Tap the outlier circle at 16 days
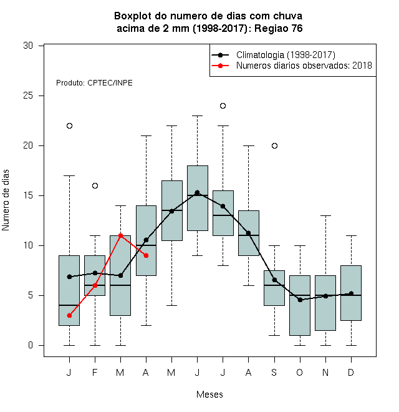point(95,186)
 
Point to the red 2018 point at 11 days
point(120,235)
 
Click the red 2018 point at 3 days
point(69,315)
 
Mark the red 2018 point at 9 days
point(147,255)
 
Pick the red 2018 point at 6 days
point(95,285)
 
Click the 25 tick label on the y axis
point(28,96)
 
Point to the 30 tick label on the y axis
point(28,46)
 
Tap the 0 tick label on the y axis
point(31,345)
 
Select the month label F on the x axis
point(95,372)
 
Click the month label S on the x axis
point(274,372)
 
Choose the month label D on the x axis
point(351,372)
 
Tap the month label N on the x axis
point(325,372)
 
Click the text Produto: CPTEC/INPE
point(94,83)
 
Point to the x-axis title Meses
point(209,395)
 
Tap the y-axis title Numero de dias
point(6,200)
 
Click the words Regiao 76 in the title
point(279,28)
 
